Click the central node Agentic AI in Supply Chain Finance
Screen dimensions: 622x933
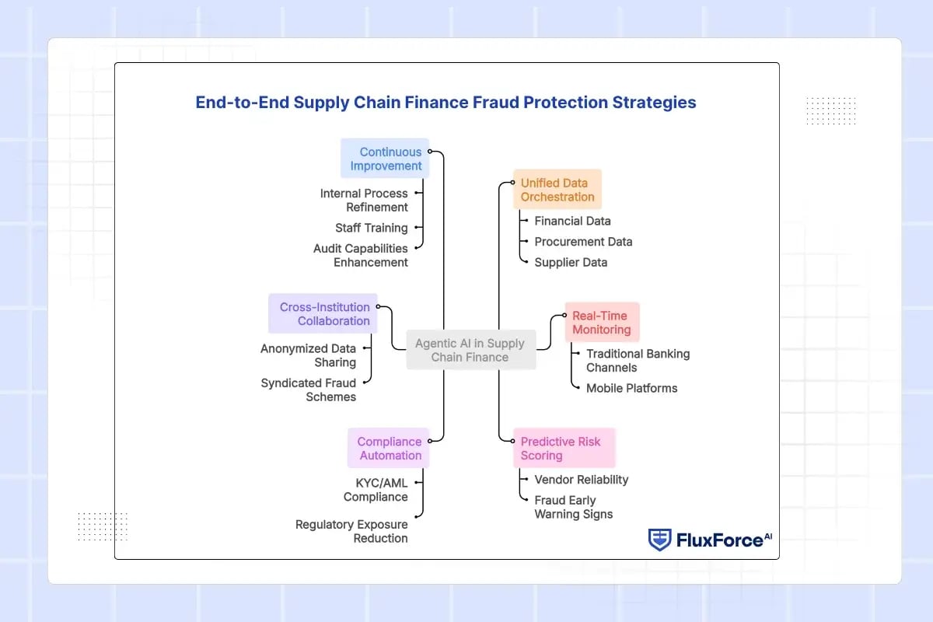pos(470,351)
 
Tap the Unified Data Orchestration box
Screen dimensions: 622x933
pos(557,190)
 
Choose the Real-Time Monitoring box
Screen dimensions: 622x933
pos(602,323)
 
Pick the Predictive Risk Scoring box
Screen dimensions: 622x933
pos(563,449)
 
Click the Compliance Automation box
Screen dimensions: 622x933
pos(389,449)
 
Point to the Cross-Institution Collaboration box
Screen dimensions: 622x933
pos(324,314)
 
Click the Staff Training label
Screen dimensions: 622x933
pos(371,228)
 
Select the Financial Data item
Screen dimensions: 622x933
pos(572,221)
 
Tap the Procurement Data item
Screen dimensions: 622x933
pos(583,242)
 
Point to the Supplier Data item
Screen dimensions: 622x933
pos(571,262)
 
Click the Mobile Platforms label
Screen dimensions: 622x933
pos(631,388)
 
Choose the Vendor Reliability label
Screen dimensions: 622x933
pos(581,480)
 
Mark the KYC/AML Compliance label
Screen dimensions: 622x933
pos(376,490)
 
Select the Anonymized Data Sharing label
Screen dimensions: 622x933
pos(309,355)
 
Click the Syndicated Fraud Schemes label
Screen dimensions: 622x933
pos(309,390)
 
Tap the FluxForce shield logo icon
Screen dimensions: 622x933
pos(659,540)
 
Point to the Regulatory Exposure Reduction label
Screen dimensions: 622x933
pos(351,531)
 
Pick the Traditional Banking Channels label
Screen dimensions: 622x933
pos(638,360)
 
